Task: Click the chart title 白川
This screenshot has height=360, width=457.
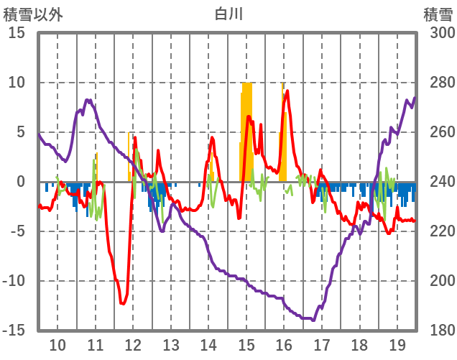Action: point(228,14)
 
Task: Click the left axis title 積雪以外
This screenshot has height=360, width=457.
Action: point(33,14)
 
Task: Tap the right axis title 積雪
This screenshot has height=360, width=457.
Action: point(437,14)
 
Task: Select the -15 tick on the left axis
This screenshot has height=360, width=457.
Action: point(14,331)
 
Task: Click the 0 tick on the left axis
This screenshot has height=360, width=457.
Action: point(21,182)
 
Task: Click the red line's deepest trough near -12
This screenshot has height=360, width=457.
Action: point(123,304)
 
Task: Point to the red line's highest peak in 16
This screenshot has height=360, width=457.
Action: point(287,91)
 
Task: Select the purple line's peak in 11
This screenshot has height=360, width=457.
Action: point(88,101)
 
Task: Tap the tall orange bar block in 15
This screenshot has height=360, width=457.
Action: point(247,129)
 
